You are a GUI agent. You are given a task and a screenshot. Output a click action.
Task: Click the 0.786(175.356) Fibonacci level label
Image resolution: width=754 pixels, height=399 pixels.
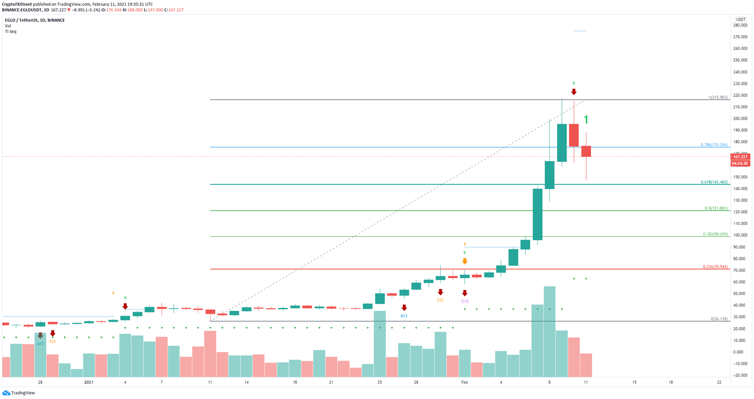pos(714,145)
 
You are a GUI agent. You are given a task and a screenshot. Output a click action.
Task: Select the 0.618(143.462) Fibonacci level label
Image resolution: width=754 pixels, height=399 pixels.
pos(714,182)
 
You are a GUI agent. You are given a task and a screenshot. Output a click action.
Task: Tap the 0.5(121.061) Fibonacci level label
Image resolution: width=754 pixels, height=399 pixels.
pos(716,208)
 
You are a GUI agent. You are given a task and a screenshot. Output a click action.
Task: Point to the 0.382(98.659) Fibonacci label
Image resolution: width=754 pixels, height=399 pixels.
pos(715,234)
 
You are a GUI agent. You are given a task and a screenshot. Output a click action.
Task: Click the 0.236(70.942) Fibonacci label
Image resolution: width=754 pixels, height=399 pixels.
pos(715,267)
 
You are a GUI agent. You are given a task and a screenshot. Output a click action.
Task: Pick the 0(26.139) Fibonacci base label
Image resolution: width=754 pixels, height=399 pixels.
pos(719,319)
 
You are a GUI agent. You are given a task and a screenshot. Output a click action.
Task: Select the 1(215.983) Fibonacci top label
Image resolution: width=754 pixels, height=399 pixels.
pos(718,98)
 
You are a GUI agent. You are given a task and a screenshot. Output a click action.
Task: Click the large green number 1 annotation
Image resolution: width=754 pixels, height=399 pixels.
pos(586,120)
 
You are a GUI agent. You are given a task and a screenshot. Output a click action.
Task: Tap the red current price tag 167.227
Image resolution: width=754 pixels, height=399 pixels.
pos(740,157)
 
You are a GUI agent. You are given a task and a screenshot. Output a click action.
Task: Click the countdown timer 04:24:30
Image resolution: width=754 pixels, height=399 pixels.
pos(740,163)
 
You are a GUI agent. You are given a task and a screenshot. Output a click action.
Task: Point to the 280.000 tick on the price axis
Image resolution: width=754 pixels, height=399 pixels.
pos(740,25)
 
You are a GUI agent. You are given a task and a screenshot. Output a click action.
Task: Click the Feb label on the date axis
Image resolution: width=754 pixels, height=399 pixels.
pos(464,382)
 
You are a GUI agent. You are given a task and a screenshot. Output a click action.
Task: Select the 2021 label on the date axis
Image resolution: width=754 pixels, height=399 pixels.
pos(88,382)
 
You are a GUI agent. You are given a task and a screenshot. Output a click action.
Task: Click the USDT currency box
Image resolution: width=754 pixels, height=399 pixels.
pos(740,20)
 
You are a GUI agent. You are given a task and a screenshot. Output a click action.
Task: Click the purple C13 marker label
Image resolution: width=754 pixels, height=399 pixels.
pos(464,301)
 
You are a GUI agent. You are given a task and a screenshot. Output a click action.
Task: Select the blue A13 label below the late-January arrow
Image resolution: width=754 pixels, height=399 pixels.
pos(404,316)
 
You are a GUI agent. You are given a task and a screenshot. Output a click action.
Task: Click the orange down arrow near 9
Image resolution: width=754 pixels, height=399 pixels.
pos(464,261)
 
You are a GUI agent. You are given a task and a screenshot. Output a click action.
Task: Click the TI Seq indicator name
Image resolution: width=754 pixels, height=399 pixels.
pos(10,31)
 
